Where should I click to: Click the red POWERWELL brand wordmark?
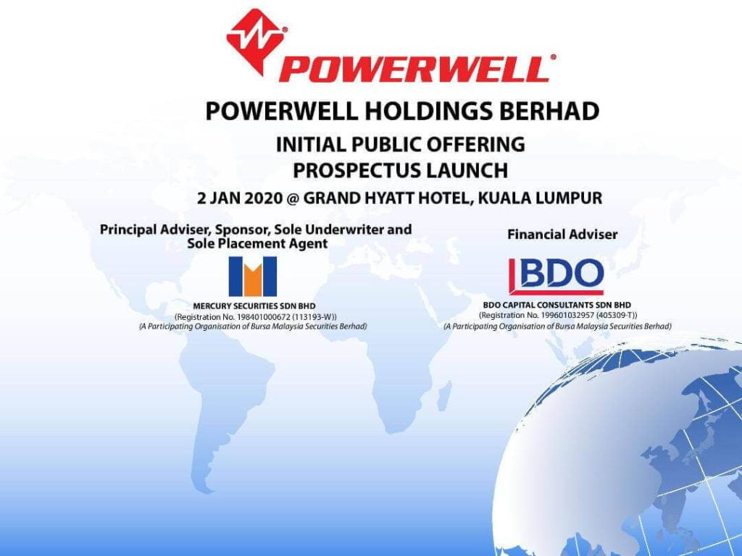point(414,69)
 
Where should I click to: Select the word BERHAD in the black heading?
point(554,111)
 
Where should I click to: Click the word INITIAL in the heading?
point(311,145)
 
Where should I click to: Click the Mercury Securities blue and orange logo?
point(253,276)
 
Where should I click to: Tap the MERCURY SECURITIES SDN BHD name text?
point(254,306)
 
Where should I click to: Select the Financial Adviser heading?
point(562,235)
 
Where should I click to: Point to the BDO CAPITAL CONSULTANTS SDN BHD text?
point(557,306)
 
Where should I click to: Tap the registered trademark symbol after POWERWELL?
point(554,56)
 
